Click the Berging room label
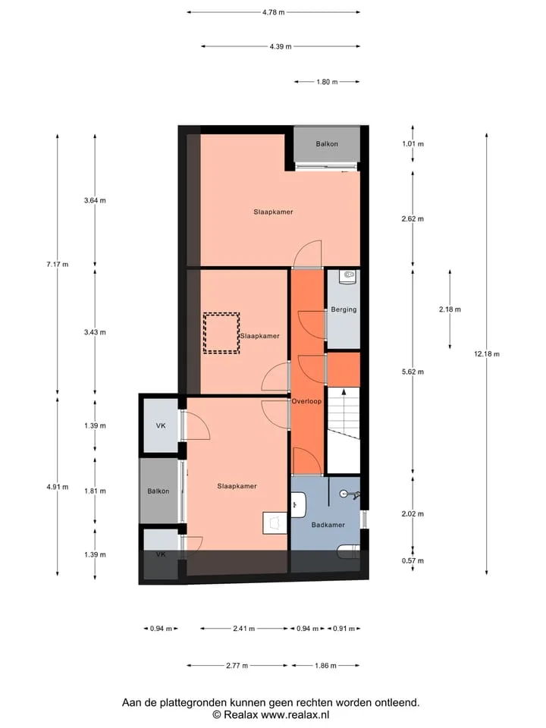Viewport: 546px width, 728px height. pyautogui.click(x=344, y=309)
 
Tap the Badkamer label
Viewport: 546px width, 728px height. pyautogui.click(x=328, y=525)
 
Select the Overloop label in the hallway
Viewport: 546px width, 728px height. pyautogui.click(x=306, y=401)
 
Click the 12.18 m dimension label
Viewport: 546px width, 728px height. pyautogui.click(x=487, y=354)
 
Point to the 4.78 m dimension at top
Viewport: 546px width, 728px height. pyautogui.click(x=273, y=12)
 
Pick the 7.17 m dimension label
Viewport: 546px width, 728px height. pyautogui.click(x=57, y=264)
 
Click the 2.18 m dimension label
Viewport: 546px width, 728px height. pyautogui.click(x=450, y=309)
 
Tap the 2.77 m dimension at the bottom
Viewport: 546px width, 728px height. pyautogui.click(x=237, y=665)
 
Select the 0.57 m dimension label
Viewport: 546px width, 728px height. pyautogui.click(x=413, y=560)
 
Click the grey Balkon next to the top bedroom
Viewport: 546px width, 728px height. pyautogui.click(x=327, y=144)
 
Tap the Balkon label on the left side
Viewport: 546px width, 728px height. pyautogui.click(x=158, y=491)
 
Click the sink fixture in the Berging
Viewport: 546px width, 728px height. pyautogui.click(x=348, y=277)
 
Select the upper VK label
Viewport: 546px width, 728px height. pyautogui.click(x=161, y=425)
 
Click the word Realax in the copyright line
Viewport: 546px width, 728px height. pyautogui.click(x=241, y=714)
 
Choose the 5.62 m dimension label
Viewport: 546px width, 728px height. pyautogui.click(x=413, y=372)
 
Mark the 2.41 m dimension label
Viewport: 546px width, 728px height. pyautogui.click(x=243, y=629)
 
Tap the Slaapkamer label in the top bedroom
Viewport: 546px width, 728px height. pyautogui.click(x=273, y=212)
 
